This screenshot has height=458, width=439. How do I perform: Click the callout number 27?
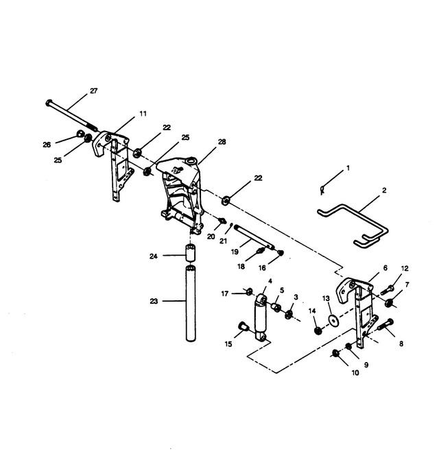click(93, 91)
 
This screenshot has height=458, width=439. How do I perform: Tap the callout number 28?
click(222, 142)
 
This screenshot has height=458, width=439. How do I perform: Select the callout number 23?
click(154, 301)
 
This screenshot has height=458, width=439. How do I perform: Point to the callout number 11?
click(143, 114)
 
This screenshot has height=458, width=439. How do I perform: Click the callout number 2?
click(384, 190)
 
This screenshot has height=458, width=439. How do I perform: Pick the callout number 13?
click(326, 298)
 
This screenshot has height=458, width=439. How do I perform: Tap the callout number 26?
click(47, 145)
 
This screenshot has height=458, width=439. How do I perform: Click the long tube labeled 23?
click(191, 303)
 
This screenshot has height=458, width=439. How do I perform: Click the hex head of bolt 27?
click(49, 103)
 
